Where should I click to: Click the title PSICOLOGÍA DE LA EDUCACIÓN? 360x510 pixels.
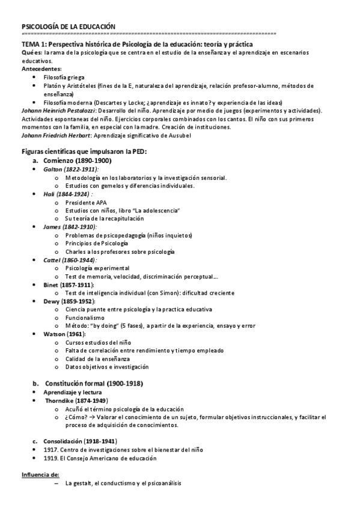68,26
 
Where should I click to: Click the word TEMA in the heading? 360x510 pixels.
29,45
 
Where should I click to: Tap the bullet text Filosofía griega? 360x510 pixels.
65,78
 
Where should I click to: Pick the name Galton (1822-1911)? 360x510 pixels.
70,170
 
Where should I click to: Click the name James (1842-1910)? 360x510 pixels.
69,227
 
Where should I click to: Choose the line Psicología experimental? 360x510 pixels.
97,268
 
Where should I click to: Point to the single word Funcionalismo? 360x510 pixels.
85,317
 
